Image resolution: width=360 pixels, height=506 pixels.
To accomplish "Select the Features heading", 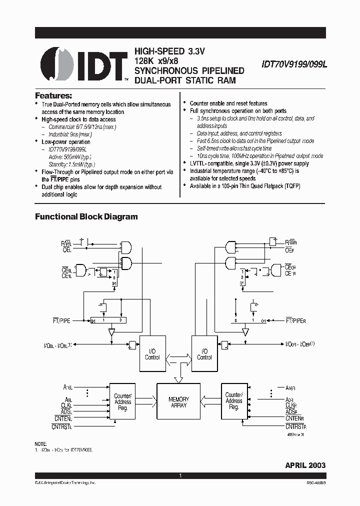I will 53,95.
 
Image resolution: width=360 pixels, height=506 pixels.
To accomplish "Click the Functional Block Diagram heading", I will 86,216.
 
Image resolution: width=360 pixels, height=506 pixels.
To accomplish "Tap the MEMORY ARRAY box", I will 178,402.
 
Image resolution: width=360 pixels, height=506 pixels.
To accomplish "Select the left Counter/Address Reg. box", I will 122,401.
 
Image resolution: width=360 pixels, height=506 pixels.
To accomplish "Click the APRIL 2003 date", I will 305,465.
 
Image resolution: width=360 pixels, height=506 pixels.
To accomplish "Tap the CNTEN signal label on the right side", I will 295,418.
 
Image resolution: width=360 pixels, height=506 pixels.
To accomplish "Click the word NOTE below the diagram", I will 40,444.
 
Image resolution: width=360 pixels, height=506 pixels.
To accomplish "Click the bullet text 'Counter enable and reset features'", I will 228,103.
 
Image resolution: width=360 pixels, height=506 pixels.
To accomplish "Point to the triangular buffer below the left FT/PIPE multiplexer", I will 111,331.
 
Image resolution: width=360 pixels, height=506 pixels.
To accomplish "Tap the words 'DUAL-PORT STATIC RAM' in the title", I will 184,80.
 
